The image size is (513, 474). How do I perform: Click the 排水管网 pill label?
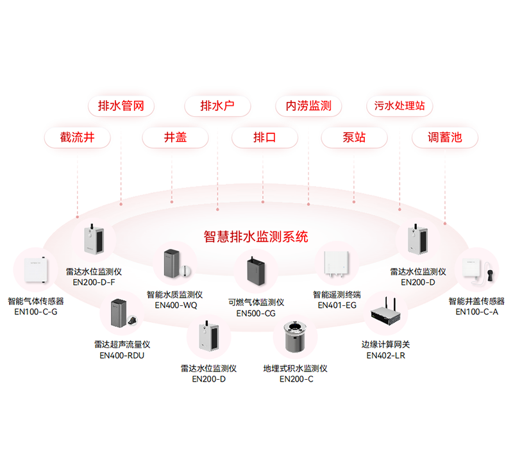[x=121, y=106]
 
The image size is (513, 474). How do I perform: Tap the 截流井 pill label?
[x=77, y=137]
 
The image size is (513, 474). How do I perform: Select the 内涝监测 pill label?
[x=308, y=106]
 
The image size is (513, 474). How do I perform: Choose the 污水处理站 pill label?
[x=399, y=106]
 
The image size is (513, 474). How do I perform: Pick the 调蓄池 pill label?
[x=444, y=137]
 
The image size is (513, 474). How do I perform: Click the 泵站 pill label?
[x=354, y=137]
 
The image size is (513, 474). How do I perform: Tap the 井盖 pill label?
[x=175, y=137]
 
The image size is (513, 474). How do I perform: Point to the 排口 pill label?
[x=264, y=137]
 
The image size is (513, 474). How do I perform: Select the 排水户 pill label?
[x=217, y=106]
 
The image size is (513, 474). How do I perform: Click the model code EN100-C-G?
[x=36, y=312]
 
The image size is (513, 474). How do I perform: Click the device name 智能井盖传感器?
[x=476, y=301]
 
